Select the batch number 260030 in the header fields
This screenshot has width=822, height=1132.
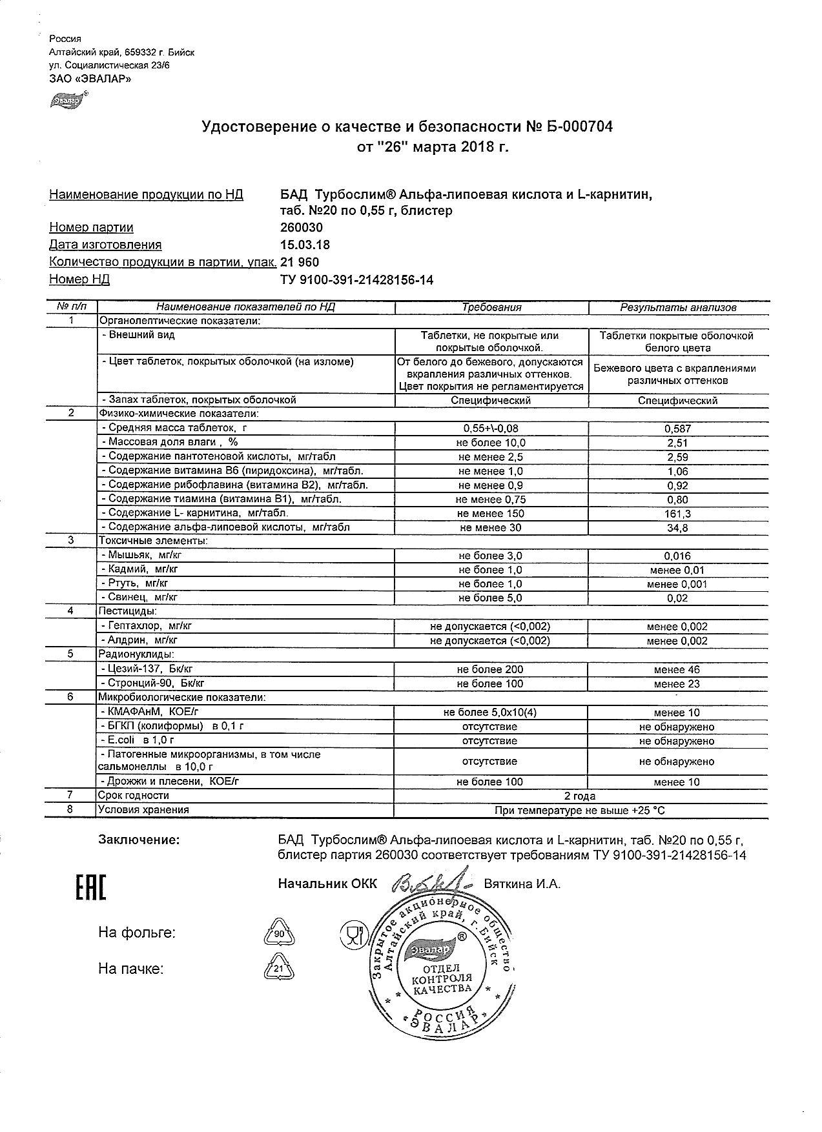301,228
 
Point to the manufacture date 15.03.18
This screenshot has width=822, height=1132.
304,245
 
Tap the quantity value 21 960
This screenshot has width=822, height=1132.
299,262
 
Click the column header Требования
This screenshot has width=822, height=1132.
491,308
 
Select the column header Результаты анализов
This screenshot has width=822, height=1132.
678,308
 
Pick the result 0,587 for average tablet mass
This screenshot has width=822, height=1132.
677,429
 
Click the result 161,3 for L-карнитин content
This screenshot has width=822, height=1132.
677,514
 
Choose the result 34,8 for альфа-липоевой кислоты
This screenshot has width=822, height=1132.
677,528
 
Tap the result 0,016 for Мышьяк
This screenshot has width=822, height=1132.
677,556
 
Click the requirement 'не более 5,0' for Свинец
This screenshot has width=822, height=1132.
490,598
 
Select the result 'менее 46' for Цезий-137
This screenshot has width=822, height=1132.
677,670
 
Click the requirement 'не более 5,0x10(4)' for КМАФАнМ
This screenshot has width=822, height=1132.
490,713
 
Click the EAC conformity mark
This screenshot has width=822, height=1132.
90,888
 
